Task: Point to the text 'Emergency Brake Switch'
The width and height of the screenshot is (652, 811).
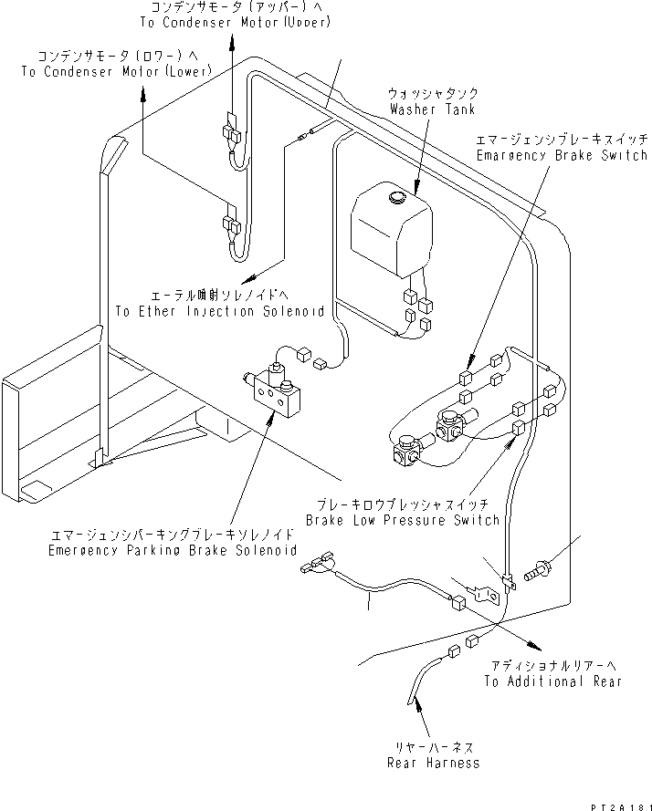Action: [562, 156]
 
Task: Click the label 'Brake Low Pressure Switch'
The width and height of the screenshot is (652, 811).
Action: [403, 520]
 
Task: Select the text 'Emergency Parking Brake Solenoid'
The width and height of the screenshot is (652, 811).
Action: [174, 551]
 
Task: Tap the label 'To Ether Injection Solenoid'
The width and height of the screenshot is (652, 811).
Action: [219, 311]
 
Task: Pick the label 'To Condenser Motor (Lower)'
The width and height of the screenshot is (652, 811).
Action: [116, 70]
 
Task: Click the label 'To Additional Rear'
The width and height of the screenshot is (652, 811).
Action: [552, 681]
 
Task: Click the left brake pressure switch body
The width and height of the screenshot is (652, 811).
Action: [405, 453]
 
